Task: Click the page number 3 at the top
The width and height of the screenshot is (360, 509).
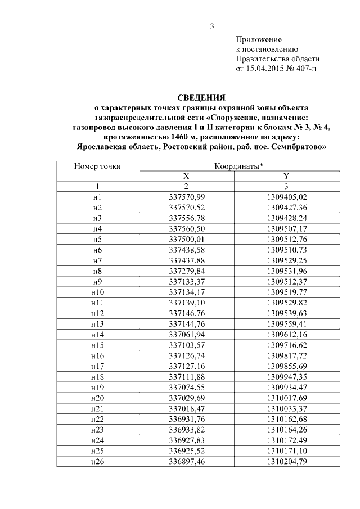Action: pyautogui.click(x=212, y=26)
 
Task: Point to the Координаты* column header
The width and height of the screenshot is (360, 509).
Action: pyautogui.click(x=239, y=166)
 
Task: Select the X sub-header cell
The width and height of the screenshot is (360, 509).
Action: pyautogui.click(x=187, y=176)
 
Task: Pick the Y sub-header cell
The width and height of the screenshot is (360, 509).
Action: pyautogui.click(x=286, y=176)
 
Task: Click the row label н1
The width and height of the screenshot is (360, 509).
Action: pyautogui.click(x=97, y=197)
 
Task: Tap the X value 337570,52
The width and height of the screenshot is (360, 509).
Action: pyautogui.click(x=187, y=208)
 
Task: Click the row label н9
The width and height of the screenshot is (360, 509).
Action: pyautogui.click(x=97, y=281)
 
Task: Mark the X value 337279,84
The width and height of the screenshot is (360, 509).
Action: pyautogui.click(x=187, y=271)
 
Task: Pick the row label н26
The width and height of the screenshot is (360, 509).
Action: pyautogui.click(x=97, y=461)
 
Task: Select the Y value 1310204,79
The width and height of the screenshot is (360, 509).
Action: pyautogui.click(x=286, y=461)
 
